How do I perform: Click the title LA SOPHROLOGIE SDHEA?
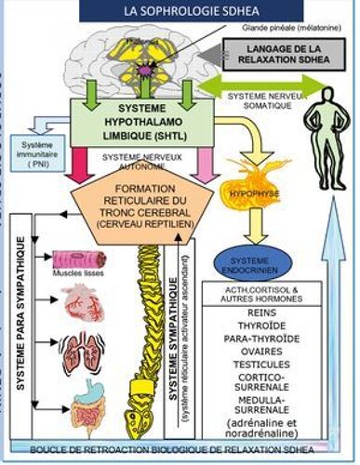click(x=178, y=10)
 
